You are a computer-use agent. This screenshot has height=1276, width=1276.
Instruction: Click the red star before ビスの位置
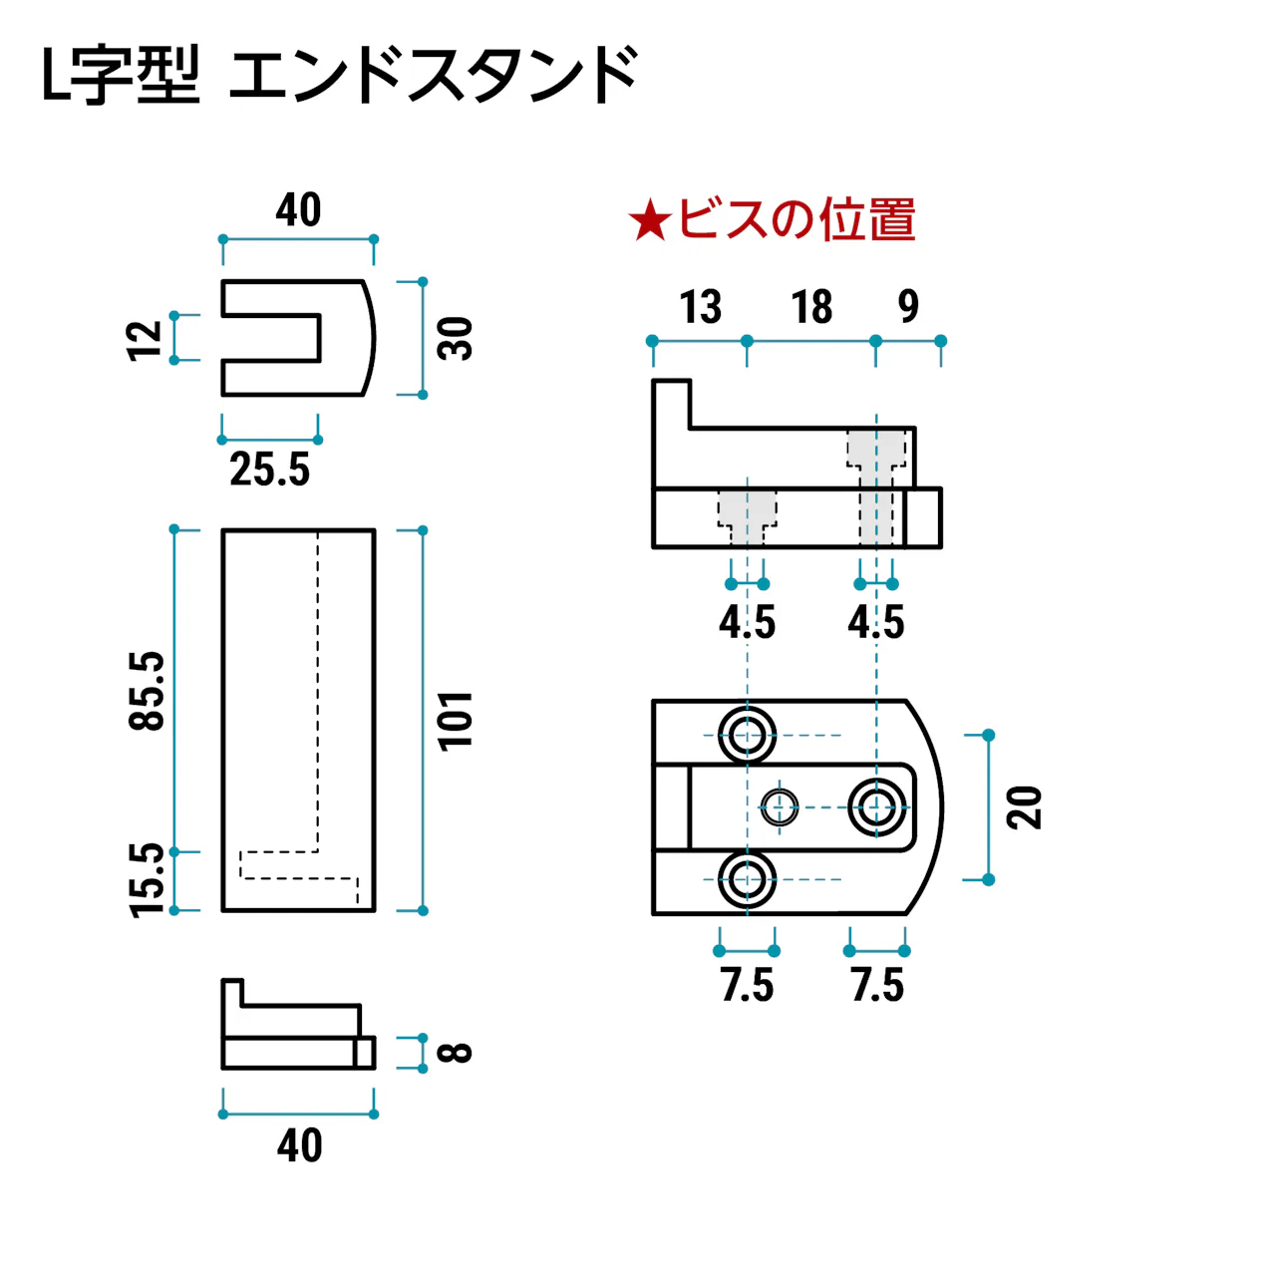pyautogui.click(x=650, y=220)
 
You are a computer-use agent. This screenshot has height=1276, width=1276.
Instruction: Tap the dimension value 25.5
pyautogui.click(x=269, y=470)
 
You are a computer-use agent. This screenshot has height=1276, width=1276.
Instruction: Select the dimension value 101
pyautogui.click(x=456, y=720)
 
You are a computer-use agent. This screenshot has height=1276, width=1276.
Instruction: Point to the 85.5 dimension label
pyautogui.click(x=148, y=691)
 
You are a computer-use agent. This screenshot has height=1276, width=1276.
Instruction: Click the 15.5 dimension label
pyautogui.click(x=148, y=879)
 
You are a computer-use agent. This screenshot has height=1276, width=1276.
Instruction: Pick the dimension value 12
pyautogui.click(x=146, y=339)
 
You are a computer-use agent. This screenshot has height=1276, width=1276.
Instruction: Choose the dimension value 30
pyautogui.click(x=456, y=338)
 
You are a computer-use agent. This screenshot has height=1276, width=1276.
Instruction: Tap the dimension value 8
pyautogui.click(x=456, y=1053)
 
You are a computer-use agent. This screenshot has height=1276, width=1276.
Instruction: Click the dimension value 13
pyautogui.click(x=700, y=307)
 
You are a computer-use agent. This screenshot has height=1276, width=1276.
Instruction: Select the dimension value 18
pyautogui.click(x=811, y=307)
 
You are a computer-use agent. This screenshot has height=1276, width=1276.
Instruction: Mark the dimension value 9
pyautogui.click(x=907, y=307)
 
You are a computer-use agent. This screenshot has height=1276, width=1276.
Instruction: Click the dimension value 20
pyautogui.click(x=1025, y=807)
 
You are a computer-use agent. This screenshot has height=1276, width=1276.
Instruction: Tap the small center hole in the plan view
pyautogui.click(x=780, y=807)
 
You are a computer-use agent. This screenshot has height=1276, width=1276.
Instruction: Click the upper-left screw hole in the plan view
pyautogui.click(x=747, y=736)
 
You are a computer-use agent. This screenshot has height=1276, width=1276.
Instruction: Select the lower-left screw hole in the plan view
pyautogui.click(x=747, y=879)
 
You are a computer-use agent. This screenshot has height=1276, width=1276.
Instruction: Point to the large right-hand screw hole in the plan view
pyautogui.click(x=876, y=807)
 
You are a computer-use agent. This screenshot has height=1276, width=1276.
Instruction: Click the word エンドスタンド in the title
pyautogui.click(x=435, y=76)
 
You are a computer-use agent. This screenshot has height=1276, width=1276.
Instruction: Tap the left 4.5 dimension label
pyautogui.click(x=747, y=623)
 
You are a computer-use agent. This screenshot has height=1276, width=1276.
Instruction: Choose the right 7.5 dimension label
pyautogui.click(x=877, y=985)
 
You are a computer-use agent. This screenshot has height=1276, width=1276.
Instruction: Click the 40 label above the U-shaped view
pyautogui.click(x=298, y=210)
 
